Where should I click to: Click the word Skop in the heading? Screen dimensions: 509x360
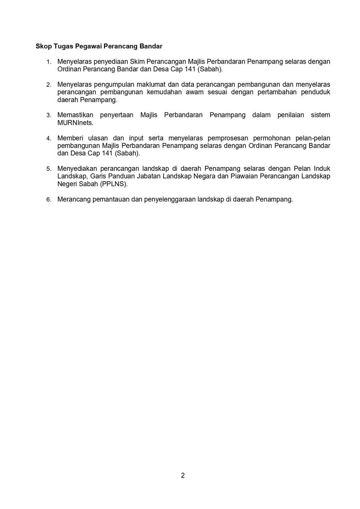pos(43,45)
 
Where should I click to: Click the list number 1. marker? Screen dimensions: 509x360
pos(49,62)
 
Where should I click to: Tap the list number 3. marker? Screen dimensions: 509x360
pos(49,115)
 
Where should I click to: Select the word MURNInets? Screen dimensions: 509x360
pos(75,123)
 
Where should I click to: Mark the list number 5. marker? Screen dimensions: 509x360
pos(49,169)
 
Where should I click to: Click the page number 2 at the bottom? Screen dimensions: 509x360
pos(183,476)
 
